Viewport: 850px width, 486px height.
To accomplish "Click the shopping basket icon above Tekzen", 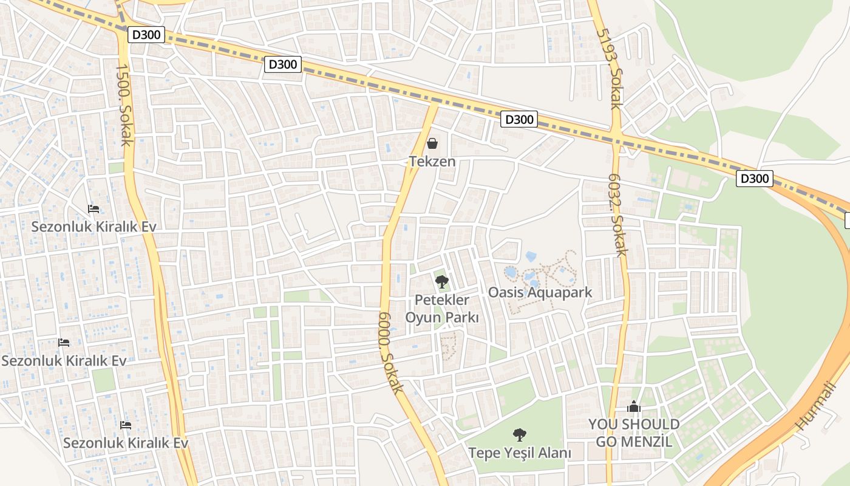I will click(x=432, y=143).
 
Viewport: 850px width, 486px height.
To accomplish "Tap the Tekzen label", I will click(x=432, y=162).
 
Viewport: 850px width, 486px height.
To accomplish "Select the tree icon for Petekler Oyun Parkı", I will click(x=442, y=281).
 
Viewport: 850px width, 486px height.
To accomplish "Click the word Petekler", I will click(x=442, y=300).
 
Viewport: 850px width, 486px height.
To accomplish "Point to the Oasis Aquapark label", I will click(x=540, y=293).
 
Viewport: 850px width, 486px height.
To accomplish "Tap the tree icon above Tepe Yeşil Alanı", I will click(x=519, y=434).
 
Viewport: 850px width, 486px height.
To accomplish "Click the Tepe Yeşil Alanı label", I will click(x=519, y=453).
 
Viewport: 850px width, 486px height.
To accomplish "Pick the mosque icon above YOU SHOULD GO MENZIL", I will click(x=634, y=406).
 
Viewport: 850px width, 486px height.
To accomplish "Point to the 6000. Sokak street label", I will click(x=390, y=352).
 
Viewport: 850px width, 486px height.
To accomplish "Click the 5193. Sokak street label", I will click(x=610, y=69).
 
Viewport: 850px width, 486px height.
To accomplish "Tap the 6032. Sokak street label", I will click(x=618, y=216).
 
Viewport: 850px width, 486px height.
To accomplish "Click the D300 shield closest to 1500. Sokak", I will click(x=146, y=35).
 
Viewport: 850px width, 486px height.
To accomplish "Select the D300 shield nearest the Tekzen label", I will click(x=518, y=120).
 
